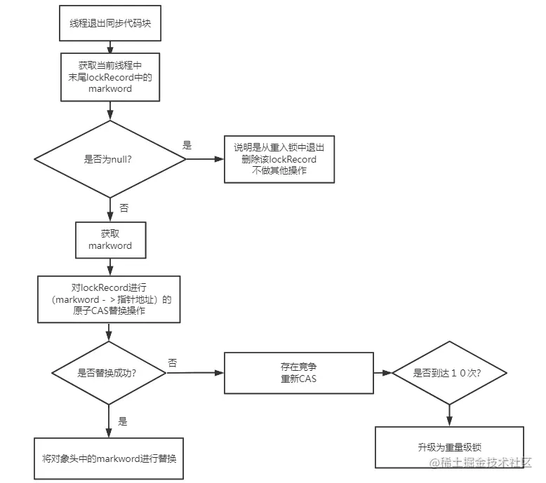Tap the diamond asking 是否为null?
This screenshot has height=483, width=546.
(109, 159)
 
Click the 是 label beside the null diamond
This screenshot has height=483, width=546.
(187, 145)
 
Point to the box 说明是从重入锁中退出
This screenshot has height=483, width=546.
(279, 159)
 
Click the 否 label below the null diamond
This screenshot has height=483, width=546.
(124, 208)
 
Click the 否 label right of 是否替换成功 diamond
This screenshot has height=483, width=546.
(172, 362)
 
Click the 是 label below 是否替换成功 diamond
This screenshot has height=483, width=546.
(123, 421)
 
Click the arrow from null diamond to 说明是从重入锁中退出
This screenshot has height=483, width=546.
(204, 159)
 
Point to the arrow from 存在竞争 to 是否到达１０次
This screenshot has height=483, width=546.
(382, 372)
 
